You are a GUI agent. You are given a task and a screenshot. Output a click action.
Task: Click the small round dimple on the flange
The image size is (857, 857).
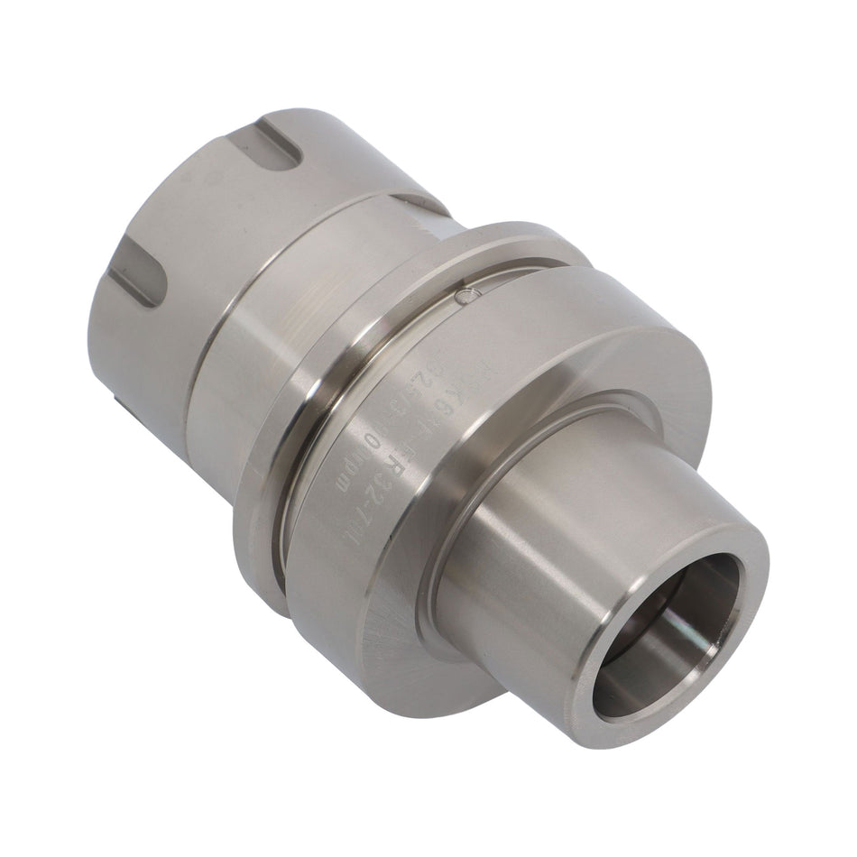[x=464, y=294]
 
